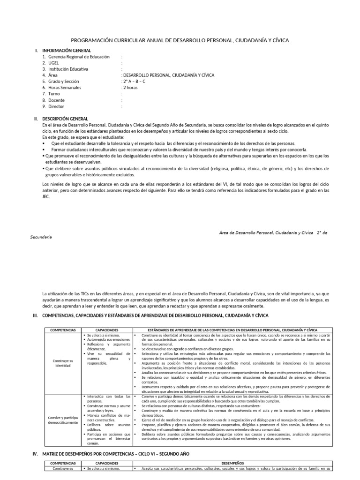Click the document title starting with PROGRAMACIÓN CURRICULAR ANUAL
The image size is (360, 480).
(180, 41)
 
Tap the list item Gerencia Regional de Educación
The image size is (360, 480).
(75, 57)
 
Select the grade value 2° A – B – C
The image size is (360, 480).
(134, 81)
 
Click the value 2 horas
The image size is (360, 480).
(130, 87)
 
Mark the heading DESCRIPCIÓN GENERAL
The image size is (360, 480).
(65, 119)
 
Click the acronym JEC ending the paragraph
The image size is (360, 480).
(46, 197)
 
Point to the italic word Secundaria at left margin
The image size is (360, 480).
(41, 237)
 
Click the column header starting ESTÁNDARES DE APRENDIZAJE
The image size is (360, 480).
(232, 330)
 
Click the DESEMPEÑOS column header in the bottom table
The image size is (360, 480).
(232, 463)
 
